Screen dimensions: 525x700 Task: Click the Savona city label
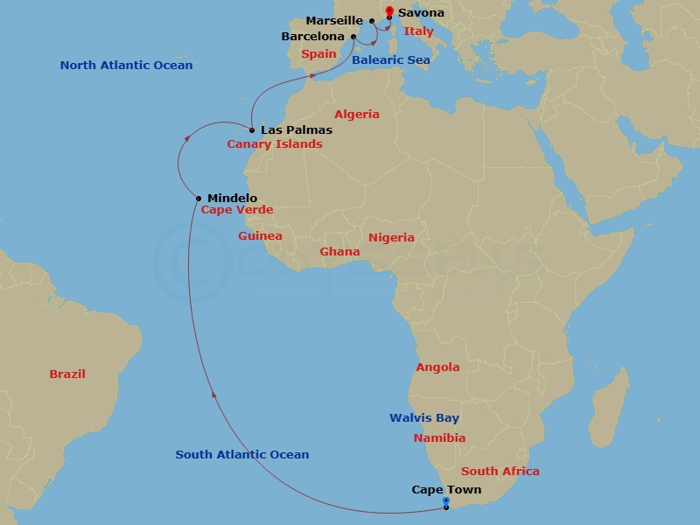[x=421, y=13]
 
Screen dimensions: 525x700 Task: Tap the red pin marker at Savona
[x=388, y=11]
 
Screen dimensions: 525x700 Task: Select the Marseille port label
[x=334, y=21]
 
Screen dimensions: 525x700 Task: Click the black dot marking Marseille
[x=372, y=21]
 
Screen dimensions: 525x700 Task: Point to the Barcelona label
[x=312, y=37]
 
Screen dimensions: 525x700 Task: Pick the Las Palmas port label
[x=297, y=130]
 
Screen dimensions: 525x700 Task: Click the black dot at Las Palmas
[x=252, y=130]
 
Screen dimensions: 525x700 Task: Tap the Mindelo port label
[x=232, y=199]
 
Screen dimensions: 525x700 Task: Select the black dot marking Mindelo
[x=199, y=199]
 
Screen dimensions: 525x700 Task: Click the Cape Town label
[x=446, y=490]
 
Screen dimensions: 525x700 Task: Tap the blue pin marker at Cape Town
[x=446, y=501]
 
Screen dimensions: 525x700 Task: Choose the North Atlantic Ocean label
[x=126, y=66]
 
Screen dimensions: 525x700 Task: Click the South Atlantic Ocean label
[x=242, y=454]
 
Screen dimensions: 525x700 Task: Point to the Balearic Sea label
[x=390, y=59]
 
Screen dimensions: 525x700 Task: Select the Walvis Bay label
[x=424, y=418]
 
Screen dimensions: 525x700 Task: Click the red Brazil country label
[x=67, y=374]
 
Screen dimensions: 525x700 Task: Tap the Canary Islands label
[x=275, y=144]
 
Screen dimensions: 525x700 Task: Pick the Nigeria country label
[x=391, y=237]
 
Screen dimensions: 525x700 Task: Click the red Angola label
[x=437, y=367]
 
